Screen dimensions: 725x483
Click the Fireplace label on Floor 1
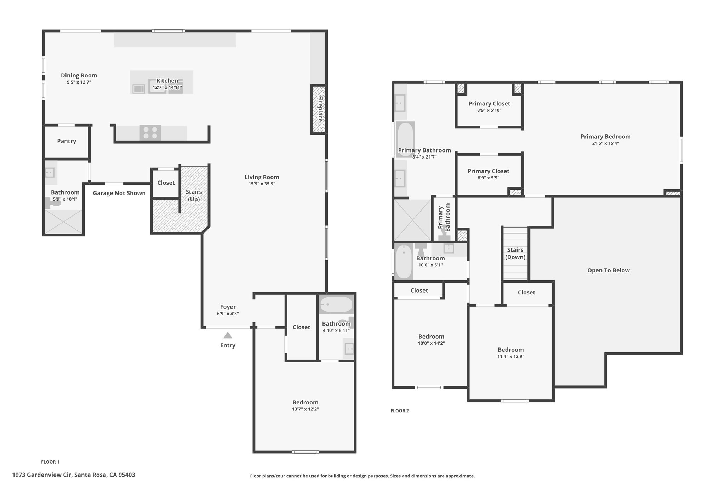pos(320,109)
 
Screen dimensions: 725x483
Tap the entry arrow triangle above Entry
pos(228,335)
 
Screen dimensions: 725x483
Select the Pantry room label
pos(67,141)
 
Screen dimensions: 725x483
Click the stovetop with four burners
pos(150,133)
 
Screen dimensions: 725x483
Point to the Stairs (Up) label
pos(194,195)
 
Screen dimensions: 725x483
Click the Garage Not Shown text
pos(119,193)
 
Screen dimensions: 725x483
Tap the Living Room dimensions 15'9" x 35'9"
pos(262,184)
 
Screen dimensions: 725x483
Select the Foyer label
pos(228,307)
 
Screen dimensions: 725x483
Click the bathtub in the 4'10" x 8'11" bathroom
pos(336,305)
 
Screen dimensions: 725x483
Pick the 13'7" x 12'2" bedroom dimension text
pos(306,409)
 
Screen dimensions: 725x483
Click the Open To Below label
pos(609,270)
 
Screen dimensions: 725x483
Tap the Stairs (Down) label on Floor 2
pos(515,253)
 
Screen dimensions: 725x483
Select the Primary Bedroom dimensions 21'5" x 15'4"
pos(605,143)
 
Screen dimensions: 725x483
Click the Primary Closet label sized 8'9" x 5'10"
pos(489,104)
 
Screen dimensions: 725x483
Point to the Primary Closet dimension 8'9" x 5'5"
pos(489,178)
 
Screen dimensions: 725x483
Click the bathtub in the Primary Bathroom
pos(405,139)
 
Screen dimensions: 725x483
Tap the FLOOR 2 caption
pos(400,411)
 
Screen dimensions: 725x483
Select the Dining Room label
pos(79,75)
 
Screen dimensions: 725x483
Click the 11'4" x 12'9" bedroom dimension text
pos(511,356)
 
